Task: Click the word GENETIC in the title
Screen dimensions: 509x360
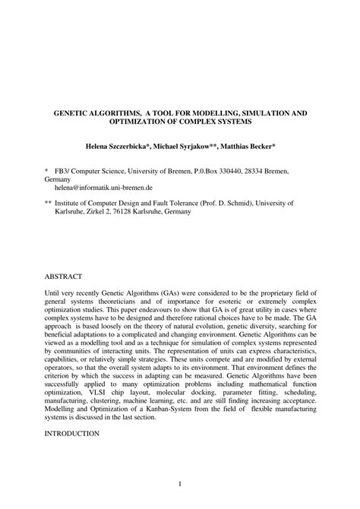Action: pyautogui.click(x=71, y=112)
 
